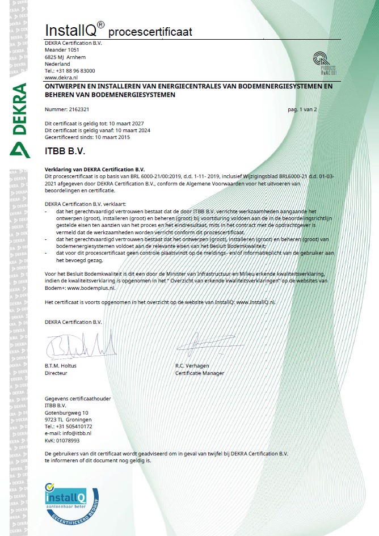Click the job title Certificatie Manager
200,373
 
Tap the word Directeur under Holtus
57,373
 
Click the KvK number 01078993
62,440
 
